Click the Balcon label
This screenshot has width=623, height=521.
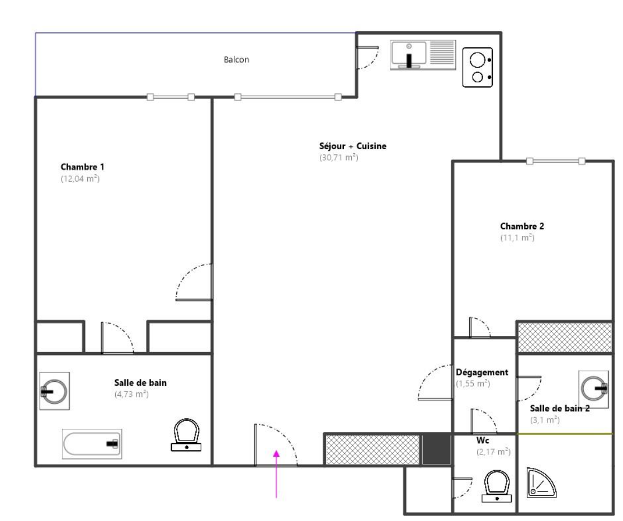(x=237, y=60)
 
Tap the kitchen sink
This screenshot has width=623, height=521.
(x=423, y=55)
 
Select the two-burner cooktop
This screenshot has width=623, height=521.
(x=478, y=68)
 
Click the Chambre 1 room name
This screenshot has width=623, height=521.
(x=82, y=167)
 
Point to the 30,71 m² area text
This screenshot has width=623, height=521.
(x=339, y=157)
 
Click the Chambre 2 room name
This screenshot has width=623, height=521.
(x=522, y=226)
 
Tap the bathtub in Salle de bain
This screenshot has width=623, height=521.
(x=92, y=443)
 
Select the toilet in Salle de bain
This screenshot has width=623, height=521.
(x=186, y=435)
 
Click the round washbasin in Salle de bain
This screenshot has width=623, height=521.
(x=54, y=391)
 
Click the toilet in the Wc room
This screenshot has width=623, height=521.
(x=497, y=486)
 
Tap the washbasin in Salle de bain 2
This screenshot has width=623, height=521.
(x=593, y=389)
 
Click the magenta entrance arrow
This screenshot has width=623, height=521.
(x=276, y=473)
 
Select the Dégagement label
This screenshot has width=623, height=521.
(x=482, y=372)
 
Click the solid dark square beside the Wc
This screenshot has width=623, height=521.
(x=436, y=449)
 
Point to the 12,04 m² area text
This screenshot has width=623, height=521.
(x=81, y=178)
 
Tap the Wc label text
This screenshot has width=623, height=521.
(x=483, y=441)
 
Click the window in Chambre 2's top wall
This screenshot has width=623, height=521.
(x=555, y=161)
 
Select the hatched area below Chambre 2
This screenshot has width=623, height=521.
(x=565, y=338)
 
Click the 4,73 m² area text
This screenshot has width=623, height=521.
(x=131, y=394)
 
